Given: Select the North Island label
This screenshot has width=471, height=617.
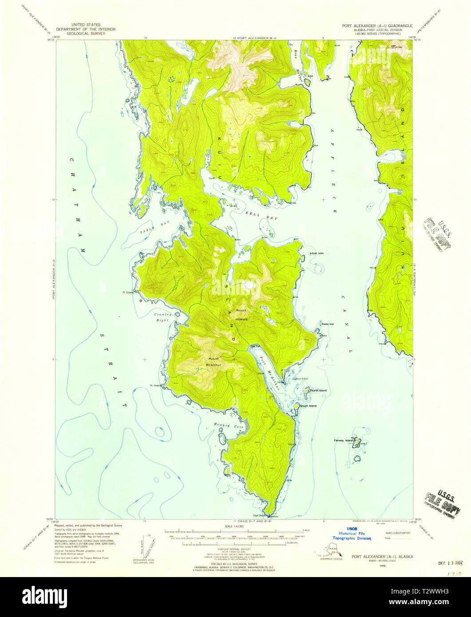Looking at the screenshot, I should [x=318, y=390].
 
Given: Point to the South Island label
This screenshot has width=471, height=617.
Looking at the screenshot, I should [x=308, y=406].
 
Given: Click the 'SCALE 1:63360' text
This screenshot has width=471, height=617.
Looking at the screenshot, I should [x=235, y=526].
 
